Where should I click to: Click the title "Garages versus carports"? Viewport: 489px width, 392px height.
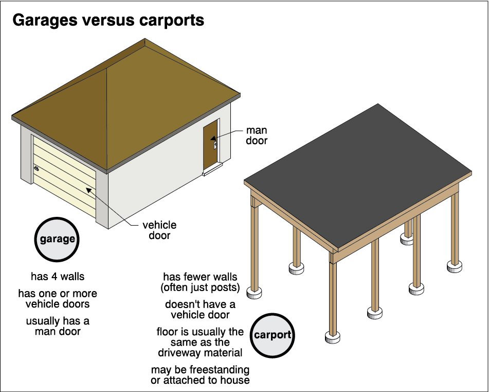[x=108, y=21]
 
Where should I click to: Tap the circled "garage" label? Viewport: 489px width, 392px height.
[x=57, y=239]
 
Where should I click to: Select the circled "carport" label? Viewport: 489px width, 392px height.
[x=273, y=335]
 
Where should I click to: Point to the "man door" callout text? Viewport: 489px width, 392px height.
[x=256, y=135]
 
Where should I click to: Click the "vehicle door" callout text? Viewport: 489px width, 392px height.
[x=159, y=230]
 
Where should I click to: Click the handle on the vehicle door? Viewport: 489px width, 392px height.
[x=36, y=169]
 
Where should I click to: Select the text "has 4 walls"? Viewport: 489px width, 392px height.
[x=58, y=277]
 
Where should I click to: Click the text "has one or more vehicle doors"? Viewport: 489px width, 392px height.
[x=58, y=299]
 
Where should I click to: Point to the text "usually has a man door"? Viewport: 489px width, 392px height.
[x=58, y=326]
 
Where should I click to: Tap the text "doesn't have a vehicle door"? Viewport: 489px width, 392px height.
[x=200, y=309]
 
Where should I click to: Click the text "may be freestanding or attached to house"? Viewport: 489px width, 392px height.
[x=200, y=375]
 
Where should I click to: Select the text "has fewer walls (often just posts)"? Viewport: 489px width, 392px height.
[x=200, y=282]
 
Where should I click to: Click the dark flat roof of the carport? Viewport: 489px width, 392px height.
[x=360, y=170]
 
